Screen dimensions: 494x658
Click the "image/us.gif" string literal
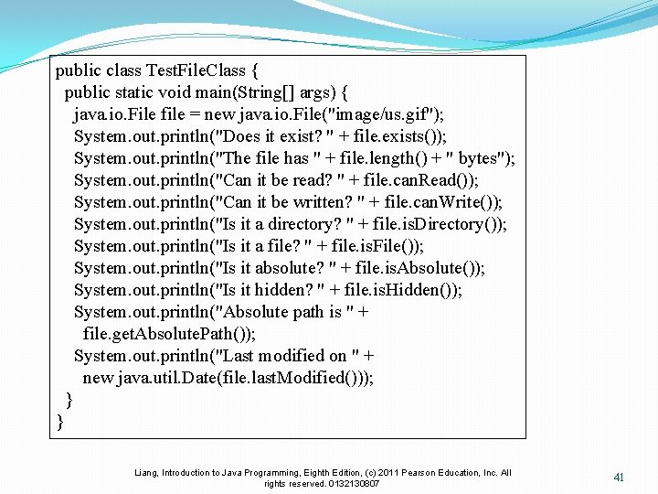[387, 114]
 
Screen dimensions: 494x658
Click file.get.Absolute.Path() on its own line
[168, 334]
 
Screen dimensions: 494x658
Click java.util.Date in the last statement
[168, 378]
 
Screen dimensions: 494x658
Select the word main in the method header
[206, 92]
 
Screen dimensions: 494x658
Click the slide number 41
[619, 478]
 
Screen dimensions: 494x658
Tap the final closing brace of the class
[60, 422]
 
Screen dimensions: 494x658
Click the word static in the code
[137, 92]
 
